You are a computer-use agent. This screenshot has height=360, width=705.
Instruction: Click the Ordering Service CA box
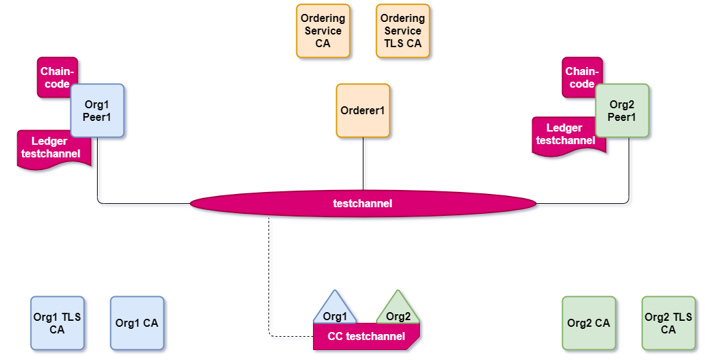coord(323,31)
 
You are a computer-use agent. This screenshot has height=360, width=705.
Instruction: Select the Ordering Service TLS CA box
coord(403,31)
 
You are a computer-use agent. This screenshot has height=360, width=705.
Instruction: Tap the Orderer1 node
coord(363,110)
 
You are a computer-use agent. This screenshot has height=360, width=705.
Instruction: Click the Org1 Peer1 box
coord(98,111)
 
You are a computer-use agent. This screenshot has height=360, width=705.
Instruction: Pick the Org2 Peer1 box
coord(622,111)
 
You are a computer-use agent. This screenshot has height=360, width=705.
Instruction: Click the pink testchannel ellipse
coord(266,203)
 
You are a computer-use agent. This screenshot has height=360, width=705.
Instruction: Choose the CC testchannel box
coord(366,337)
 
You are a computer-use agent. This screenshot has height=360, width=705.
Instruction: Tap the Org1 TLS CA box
coord(57,323)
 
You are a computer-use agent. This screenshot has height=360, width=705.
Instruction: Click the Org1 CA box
coord(137,323)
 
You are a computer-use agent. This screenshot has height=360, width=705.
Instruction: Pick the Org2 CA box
coord(589,323)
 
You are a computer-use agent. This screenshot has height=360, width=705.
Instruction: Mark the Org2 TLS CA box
coord(668,323)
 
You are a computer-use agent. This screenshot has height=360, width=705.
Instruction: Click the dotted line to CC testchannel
coord(271,279)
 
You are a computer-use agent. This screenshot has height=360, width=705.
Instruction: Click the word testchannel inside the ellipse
coord(362,203)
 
